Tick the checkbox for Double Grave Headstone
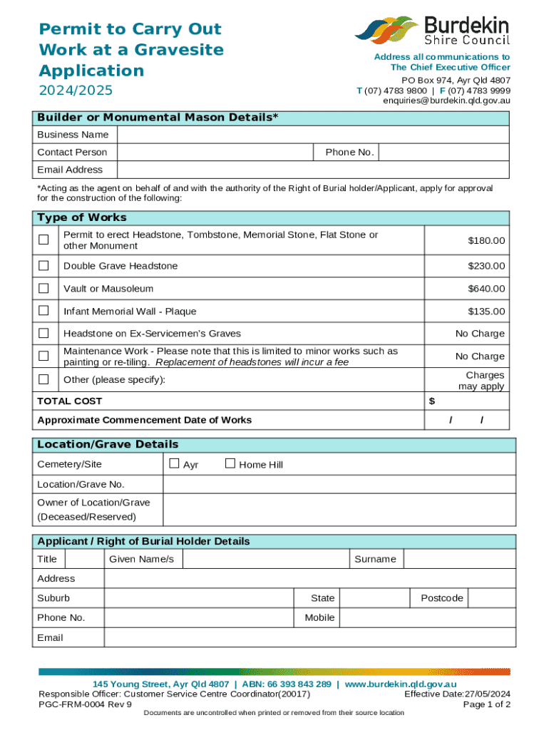(x=43, y=266)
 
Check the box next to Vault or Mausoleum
(x=43, y=289)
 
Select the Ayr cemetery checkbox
(x=173, y=464)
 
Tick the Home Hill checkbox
(x=230, y=464)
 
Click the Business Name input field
(x=312, y=135)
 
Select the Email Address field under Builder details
(x=312, y=170)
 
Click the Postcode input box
(x=491, y=598)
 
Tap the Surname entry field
(x=458, y=559)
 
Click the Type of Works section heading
(x=82, y=217)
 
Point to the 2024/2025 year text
(x=76, y=92)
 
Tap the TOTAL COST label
(x=70, y=401)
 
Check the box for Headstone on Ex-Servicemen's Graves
(x=43, y=334)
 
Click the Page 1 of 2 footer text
(x=486, y=704)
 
